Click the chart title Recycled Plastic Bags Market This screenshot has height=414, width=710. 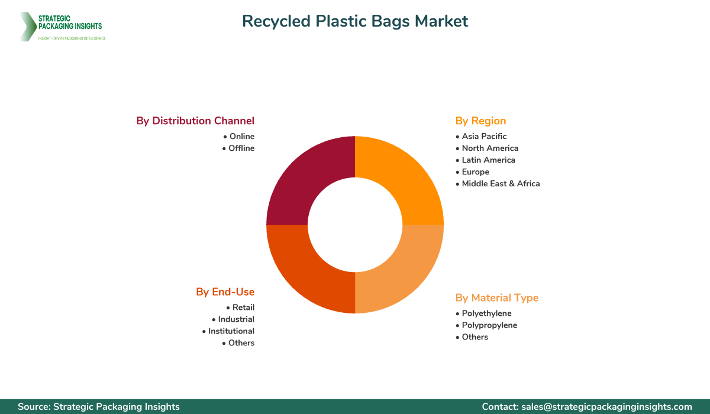pyautogui.click(x=355, y=21)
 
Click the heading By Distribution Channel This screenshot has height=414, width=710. pyautogui.click(x=195, y=121)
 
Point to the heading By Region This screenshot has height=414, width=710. pyautogui.click(x=480, y=121)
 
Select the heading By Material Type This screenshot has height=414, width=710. pyautogui.click(x=497, y=297)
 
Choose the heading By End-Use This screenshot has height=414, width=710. pyautogui.click(x=225, y=292)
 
